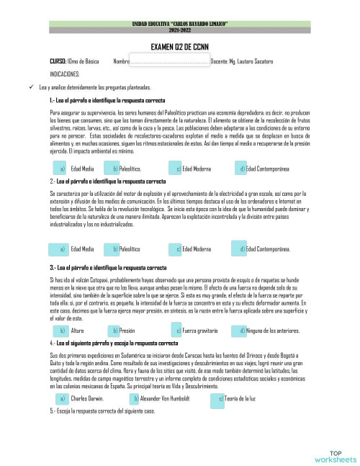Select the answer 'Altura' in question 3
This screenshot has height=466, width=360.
77,331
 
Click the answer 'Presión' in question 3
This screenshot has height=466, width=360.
127,331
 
